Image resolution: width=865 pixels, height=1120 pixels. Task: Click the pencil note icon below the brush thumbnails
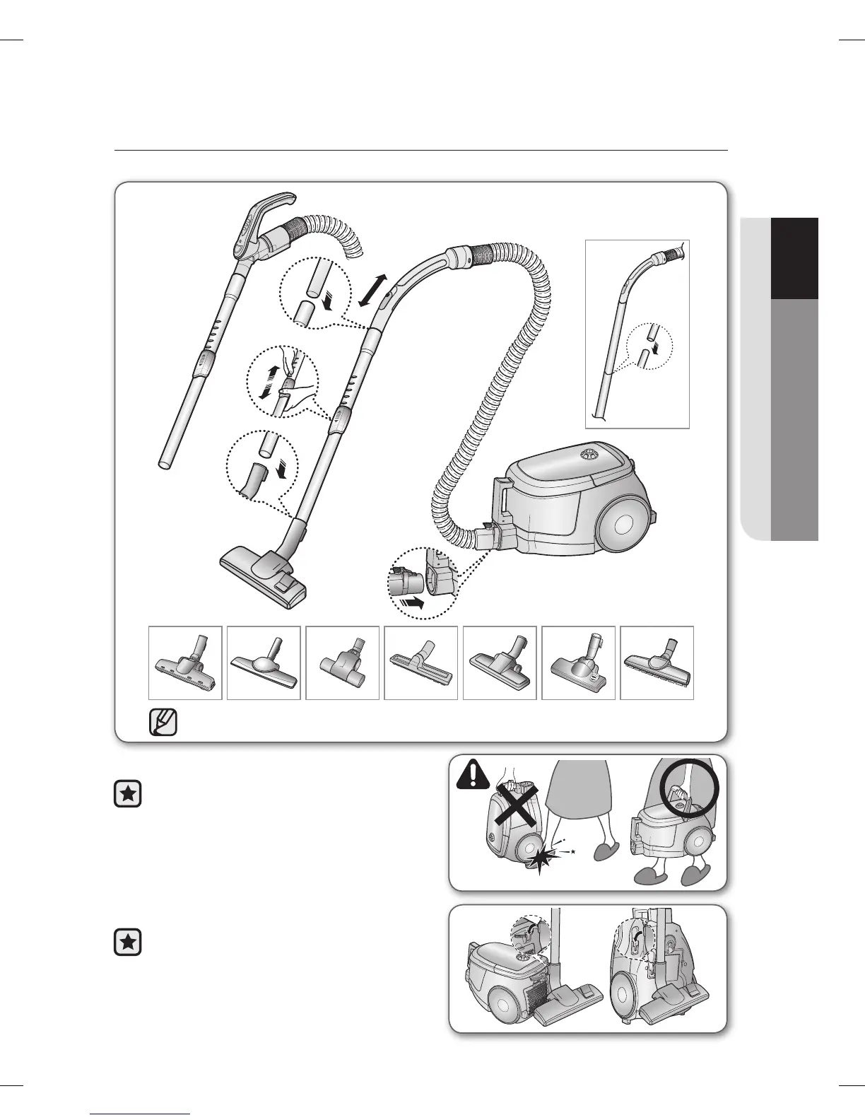[x=163, y=723]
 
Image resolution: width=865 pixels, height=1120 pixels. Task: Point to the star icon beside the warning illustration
[x=127, y=795]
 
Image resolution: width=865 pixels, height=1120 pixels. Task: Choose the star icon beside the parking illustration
[x=127, y=943]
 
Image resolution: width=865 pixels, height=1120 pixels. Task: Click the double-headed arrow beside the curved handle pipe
[x=372, y=290]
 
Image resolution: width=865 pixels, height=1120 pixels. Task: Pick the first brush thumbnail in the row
[x=185, y=663]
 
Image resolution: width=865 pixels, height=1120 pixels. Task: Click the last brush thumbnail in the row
[x=657, y=663]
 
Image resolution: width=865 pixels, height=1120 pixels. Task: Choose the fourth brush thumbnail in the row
[x=420, y=663]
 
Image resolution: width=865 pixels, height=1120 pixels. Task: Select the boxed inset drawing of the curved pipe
[x=637, y=334]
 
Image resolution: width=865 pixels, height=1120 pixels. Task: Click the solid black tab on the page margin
[x=794, y=259]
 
